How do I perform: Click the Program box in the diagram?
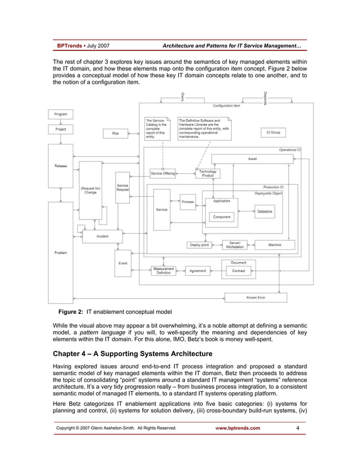pos(60,115)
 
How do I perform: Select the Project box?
pos(60,129)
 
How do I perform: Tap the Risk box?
pos(116,133)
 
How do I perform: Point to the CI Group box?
pos(273,133)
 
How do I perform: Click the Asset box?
pos(252,159)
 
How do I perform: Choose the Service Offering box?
pos(163,173)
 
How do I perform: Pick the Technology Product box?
pos(208,173)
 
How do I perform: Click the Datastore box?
pos(265,211)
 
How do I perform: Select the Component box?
pos(221,217)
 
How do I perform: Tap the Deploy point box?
pos(199,245)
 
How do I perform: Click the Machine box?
pos(275,245)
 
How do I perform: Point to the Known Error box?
pos(256,297)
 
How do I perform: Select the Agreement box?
pos(197,271)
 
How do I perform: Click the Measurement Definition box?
pos(164,271)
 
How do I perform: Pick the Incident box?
pos(102,236)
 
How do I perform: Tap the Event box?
pos(122,263)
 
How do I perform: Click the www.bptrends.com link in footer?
pos(238,428)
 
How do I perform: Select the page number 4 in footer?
pos(297,428)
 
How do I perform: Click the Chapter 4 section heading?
pos(133,354)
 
